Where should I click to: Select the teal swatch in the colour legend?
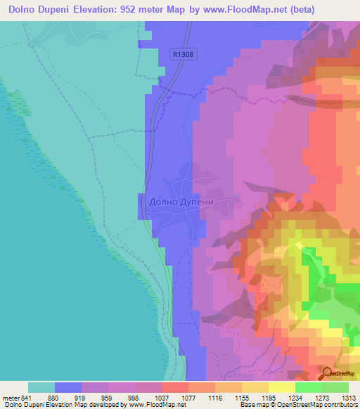click(x=41, y=387)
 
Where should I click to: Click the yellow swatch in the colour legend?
click(x=281, y=387)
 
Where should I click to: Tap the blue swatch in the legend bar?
click(x=68, y=387)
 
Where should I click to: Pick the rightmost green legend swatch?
click(x=335, y=387)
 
